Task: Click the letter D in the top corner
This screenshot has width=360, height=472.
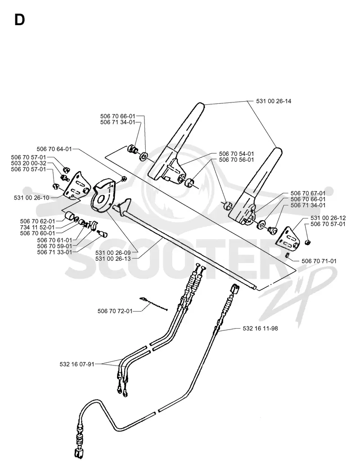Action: pos(19,20)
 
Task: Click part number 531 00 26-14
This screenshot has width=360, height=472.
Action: pos(274,101)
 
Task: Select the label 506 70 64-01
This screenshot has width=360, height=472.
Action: pos(54,149)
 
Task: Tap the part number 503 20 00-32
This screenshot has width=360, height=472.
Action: pos(29,163)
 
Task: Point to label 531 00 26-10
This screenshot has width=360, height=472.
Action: pos(31,197)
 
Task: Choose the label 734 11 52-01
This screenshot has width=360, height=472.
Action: pos(37,227)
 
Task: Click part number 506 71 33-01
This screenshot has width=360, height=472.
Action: pos(54,252)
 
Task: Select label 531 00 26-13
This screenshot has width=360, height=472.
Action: pos(113,258)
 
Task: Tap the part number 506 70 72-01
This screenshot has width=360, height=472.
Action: pos(115,311)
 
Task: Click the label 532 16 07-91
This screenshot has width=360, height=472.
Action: pos(77,365)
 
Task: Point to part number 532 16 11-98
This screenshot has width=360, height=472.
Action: pos(260,329)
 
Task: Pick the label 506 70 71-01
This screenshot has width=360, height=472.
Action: pos(319,261)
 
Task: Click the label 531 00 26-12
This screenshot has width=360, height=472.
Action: pos(328,218)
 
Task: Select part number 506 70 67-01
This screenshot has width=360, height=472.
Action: pos(308,193)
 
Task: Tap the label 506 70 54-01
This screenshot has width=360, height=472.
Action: pos(237,154)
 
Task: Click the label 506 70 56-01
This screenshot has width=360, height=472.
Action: pos(237,160)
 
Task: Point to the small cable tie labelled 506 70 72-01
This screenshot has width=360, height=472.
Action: pos(153,304)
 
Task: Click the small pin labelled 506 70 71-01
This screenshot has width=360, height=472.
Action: pos(288,256)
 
